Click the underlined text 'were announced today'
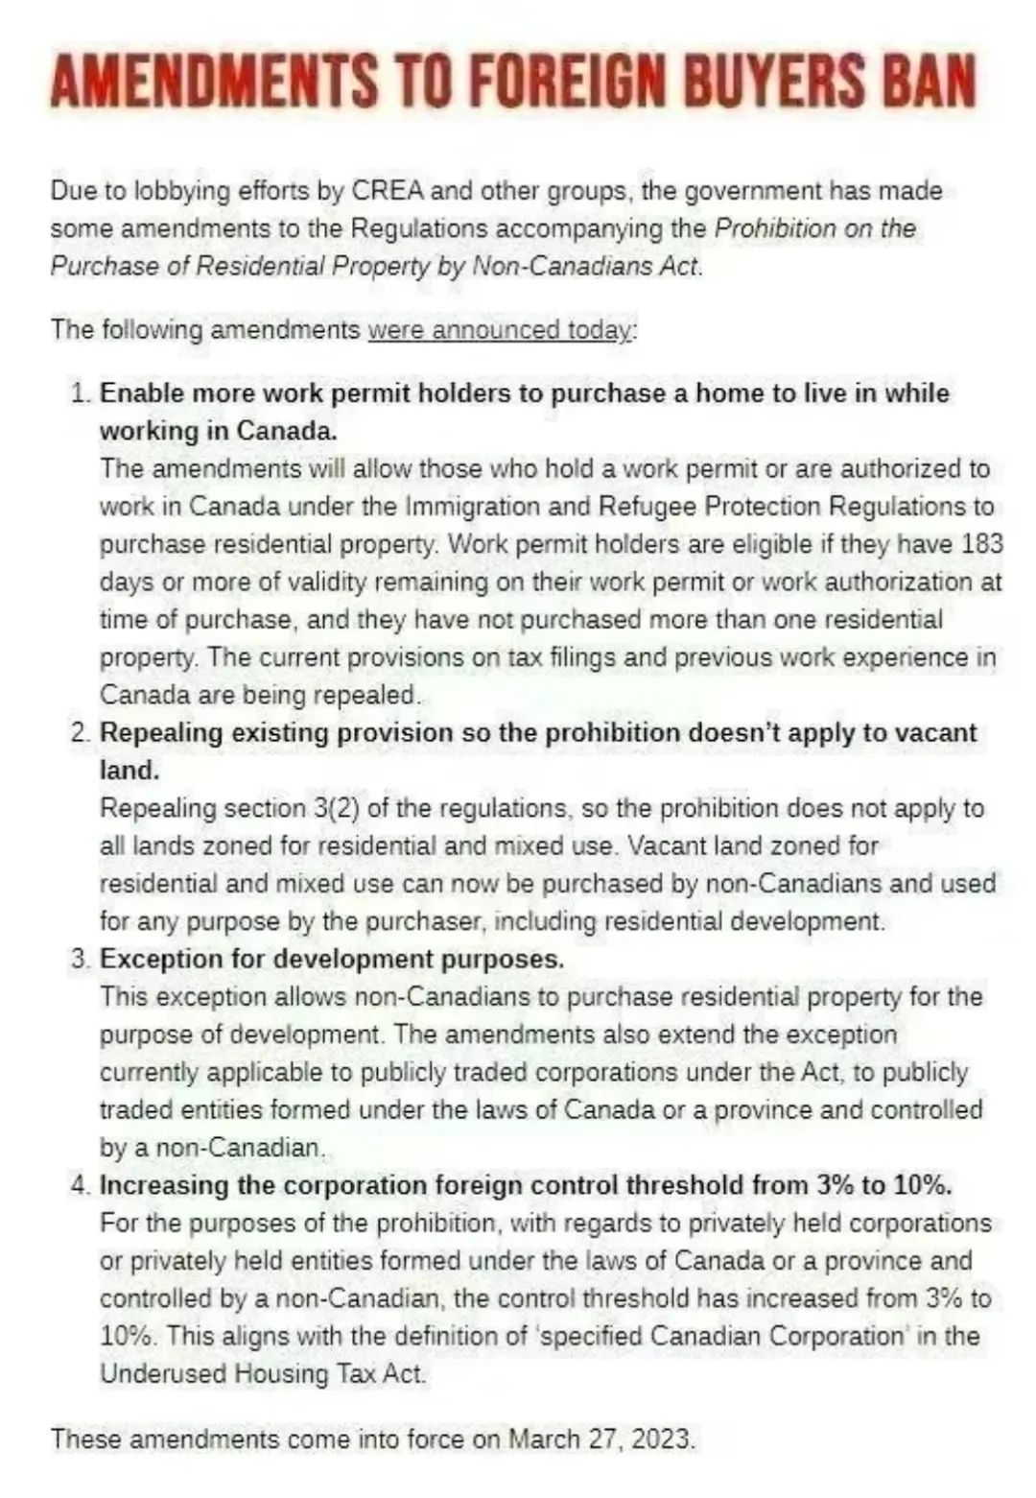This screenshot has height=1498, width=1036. pyautogui.click(x=500, y=330)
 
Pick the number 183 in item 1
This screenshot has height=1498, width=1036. pyautogui.click(x=981, y=544)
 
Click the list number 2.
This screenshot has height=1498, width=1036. pyautogui.click(x=79, y=733)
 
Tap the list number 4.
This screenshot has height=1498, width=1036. pyautogui.click(x=79, y=1186)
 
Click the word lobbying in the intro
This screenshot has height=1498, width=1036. pyautogui.click(x=168, y=191)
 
